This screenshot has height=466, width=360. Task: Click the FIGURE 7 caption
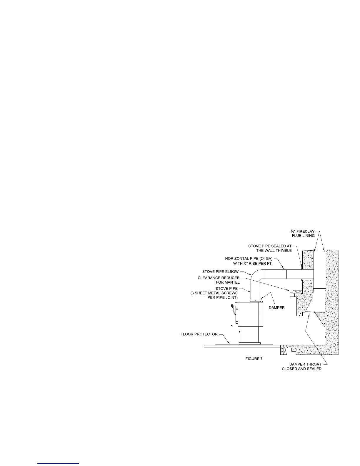(x=254, y=359)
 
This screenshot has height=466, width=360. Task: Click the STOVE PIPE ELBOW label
(x=220, y=272)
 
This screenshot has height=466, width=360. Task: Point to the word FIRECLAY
(x=306, y=231)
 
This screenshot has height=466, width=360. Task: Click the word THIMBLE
(x=283, y=250)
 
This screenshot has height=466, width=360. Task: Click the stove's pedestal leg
(x=250, y=334)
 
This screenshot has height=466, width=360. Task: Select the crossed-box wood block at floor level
(x=283, y=350)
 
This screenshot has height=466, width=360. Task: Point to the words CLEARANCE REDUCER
(x=219, y=278)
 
